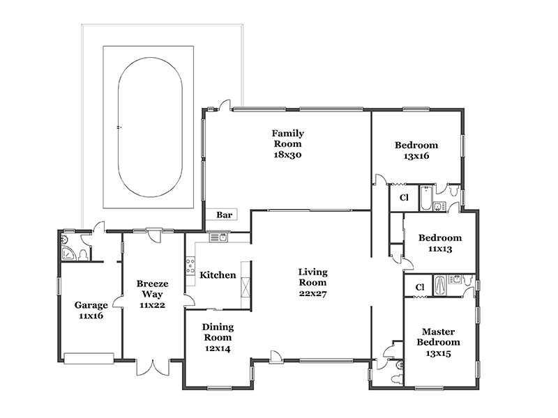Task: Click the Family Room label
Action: click(x=287, y=138)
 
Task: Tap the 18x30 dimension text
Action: click(x=287, y=155)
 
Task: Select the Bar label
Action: click(x=224, y=215)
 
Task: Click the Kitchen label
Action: click(x=218, y=274)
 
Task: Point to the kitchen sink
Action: click(x=218, y=238)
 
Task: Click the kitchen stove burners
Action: click(x=190, y=266)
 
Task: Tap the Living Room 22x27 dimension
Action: click(x=312, y=293)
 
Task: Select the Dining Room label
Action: click(x=218, y=332)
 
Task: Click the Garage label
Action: click(x=91, y=305)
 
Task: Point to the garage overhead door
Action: click(x=89, y=358)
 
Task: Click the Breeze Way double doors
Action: click(x=153, y=367)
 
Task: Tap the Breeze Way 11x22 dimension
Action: click(x=152, y=305)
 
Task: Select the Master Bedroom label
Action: click(x=439, y=337)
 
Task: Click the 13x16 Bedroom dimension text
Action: click(x=416, y=156)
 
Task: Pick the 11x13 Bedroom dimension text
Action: click(x=440, y=249)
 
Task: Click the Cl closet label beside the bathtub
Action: click(x=404, y=198)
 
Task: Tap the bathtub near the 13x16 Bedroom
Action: click(x=425, y=199)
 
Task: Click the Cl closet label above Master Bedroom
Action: click(x=420, y=287)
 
